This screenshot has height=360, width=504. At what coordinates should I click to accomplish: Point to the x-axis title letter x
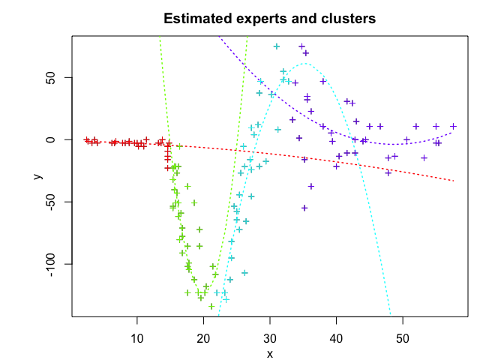(x=269, y=354)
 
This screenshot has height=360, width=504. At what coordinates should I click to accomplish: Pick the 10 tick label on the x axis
(x=137, y=339)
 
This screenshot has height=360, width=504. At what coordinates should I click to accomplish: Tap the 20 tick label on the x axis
(x=203, y=339)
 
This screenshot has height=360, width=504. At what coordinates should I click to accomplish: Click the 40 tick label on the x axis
(x=336, y=339)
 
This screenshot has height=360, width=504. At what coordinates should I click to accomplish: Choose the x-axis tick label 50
(x=403, y=339)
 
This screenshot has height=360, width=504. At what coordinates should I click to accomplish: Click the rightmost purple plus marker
(x=454, y=126)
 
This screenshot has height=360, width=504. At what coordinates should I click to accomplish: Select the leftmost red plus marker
(x=86, y=139)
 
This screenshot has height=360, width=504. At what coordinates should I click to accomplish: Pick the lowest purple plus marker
(x=304, y=208)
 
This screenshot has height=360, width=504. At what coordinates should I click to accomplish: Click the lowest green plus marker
(x=211, y=306)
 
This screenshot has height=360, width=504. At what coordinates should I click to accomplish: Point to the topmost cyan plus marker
(x=277, y=46)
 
